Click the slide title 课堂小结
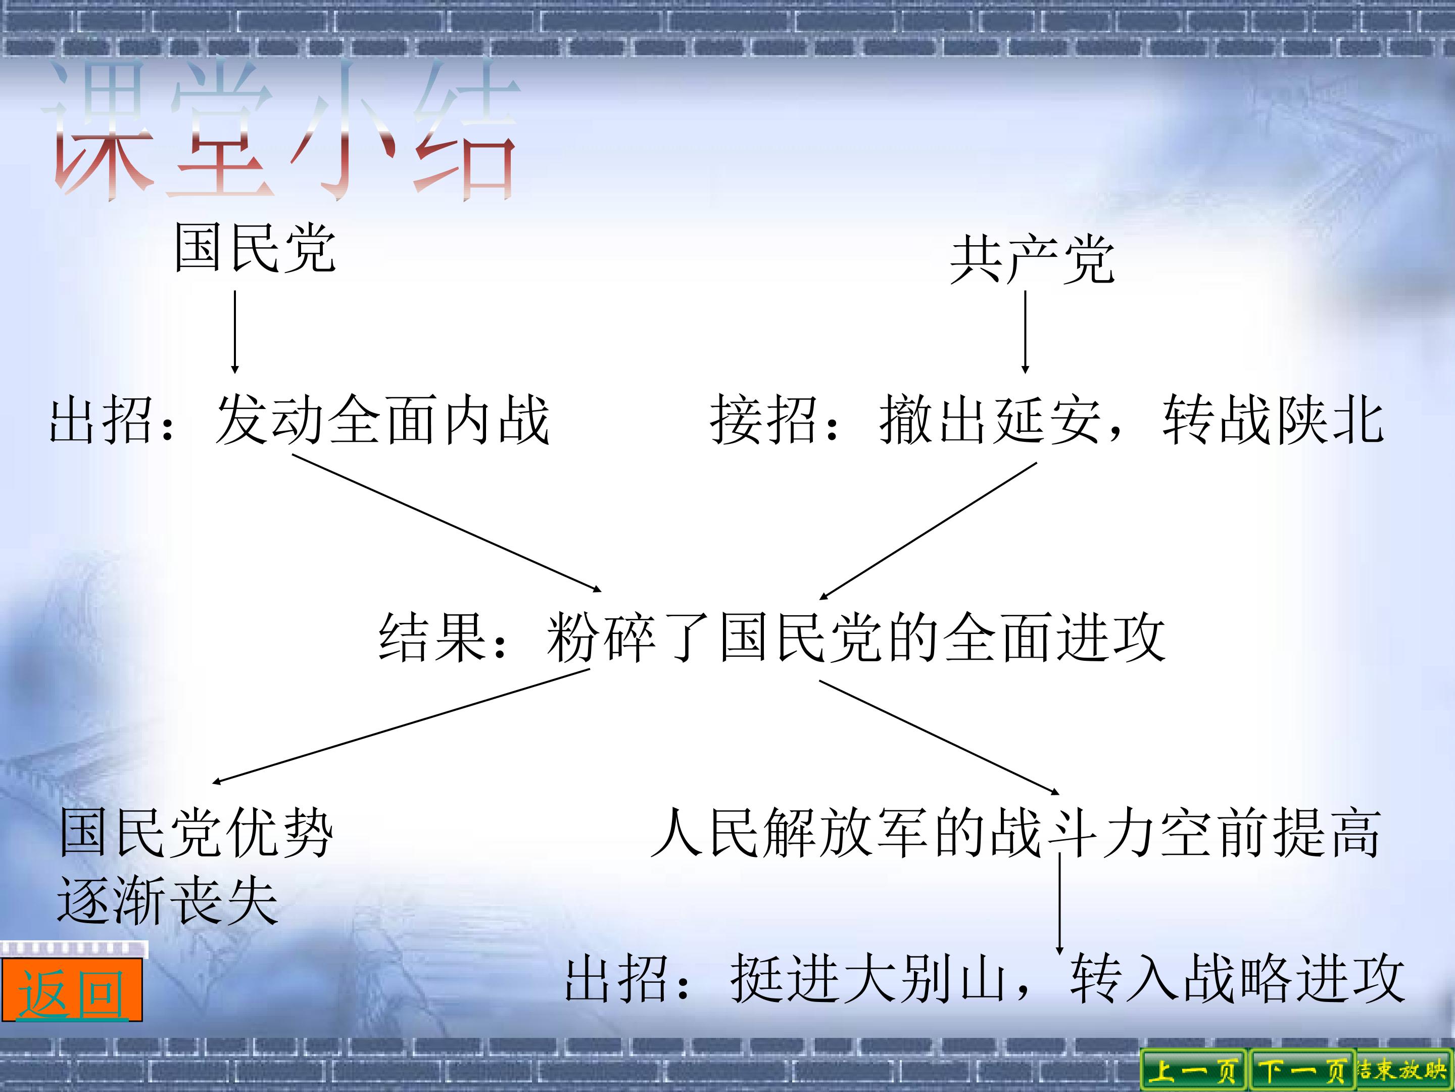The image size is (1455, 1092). (281, 129)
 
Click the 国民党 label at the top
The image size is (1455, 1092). (255, 248)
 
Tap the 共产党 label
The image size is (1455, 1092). (1032, 260)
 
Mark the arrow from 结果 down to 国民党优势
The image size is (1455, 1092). (401, 726)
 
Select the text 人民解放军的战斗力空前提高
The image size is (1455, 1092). (1016, 833)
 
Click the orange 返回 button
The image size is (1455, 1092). (72, 990)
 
